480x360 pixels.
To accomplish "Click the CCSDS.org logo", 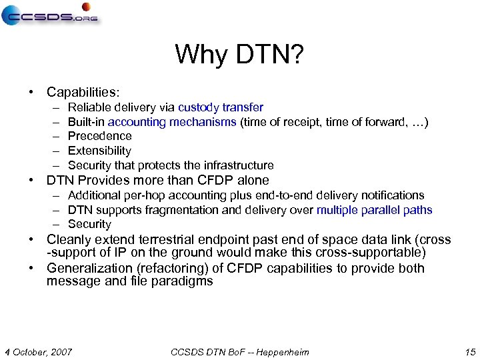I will pos(49,15).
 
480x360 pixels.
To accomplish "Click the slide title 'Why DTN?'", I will pos(239,55).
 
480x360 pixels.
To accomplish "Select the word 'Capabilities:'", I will pos(83,92).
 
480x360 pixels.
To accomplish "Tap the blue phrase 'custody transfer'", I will pos(221,107).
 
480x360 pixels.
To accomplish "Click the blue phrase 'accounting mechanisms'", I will pos(172,122).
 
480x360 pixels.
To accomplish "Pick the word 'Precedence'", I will pos(100,136).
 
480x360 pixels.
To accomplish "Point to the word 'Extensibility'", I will pos(99,151).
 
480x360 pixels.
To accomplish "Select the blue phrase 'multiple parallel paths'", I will pos(374,210).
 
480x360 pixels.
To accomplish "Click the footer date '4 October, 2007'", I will pos(38,351).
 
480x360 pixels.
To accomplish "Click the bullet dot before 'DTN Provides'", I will pos(31,181).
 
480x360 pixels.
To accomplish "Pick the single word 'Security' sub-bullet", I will pos(89,225).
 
